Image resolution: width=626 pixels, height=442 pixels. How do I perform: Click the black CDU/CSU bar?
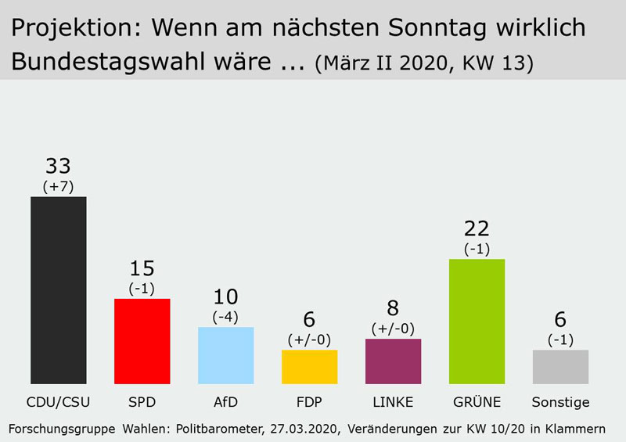[x=58, y=289]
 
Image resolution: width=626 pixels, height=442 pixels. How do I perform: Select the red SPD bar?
[x=142, y=341]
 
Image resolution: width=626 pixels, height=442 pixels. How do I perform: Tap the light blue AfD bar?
[x=225, y=355]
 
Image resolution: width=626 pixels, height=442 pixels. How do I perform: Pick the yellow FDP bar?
[x=309, y=366]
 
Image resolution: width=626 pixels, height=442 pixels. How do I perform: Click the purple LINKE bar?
[x=393, y=361]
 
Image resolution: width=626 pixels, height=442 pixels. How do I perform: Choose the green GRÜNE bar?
[x=477, y=321]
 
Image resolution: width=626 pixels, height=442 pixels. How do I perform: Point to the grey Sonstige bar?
[x=560, y=366]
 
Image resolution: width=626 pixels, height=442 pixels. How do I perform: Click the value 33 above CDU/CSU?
[x=58, y=166]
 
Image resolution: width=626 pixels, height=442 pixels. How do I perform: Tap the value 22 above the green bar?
[x=477, y=228]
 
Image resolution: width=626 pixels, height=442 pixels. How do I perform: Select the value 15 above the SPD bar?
[x=142, y=268]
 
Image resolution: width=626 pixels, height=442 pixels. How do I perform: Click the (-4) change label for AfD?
[x=225, y=316]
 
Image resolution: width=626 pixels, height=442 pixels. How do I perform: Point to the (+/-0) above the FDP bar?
[x=309, y=340]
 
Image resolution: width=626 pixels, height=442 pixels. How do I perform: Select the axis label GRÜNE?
[x=477, y=402]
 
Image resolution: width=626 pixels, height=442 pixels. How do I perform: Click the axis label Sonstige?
[x=560, y=402]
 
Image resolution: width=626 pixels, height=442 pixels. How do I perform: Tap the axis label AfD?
[x=225, y=402]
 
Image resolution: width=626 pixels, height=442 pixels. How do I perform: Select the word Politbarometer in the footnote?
[x=218, y=429]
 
